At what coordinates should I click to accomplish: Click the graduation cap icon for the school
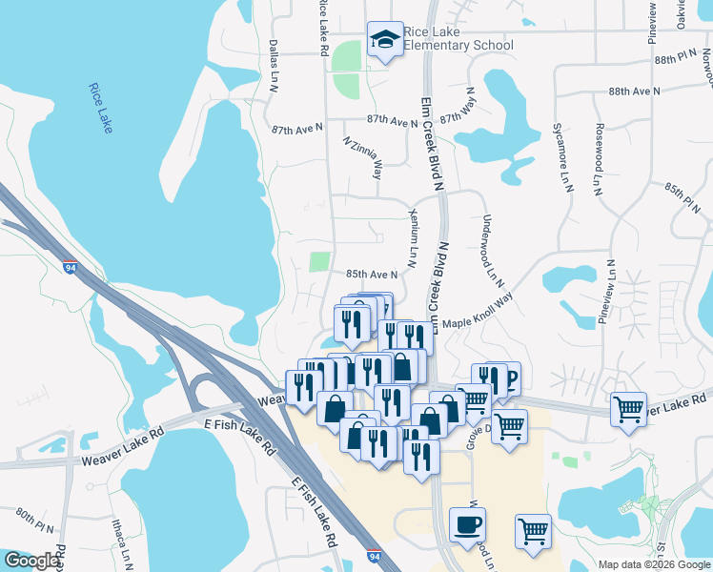(x=384, y=39)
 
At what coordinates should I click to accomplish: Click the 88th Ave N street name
(x=635, y=91)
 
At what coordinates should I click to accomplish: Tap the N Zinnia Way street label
(x=363, y=157)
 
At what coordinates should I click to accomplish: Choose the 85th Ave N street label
(x=371, y=275)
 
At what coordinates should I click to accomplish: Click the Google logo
(x=31, y=561)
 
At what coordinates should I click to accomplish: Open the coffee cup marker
(x=467, y=525)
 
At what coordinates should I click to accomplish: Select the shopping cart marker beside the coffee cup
(x=533, y=531)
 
